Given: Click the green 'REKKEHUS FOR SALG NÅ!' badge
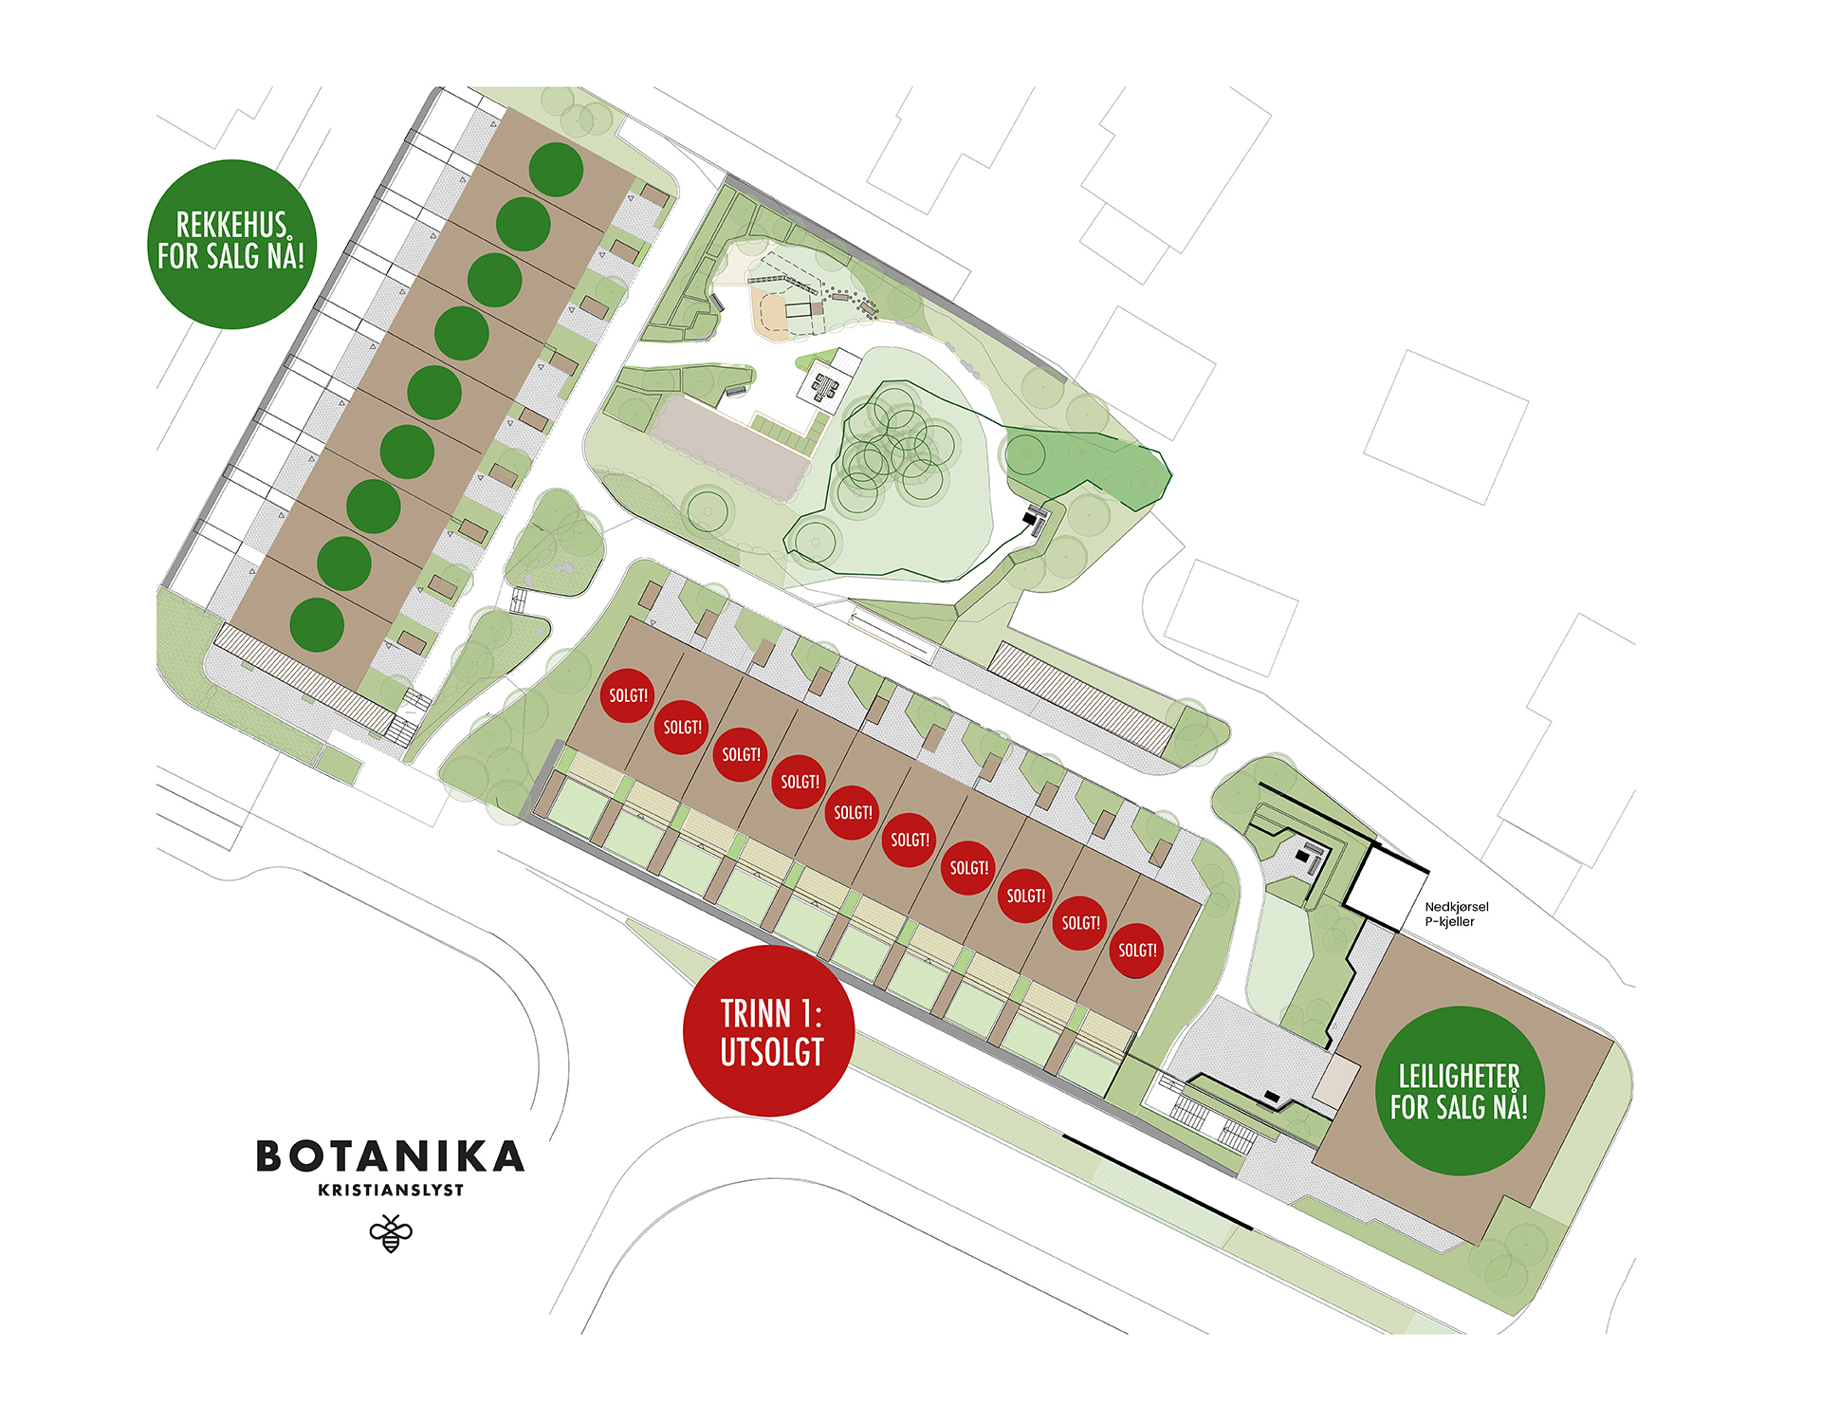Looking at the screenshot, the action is (231, 244).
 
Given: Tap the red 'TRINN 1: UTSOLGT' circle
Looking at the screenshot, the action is (769, 1030).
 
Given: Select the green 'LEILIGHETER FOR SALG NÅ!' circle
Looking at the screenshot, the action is (1460, 1091).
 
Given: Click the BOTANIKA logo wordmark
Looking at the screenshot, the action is (390, 1156).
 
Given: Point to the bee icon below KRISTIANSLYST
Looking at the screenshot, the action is (391, 1233).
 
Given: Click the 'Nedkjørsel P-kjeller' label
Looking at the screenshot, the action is (1456, 914).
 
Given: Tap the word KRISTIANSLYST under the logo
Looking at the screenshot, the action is (391, 1191).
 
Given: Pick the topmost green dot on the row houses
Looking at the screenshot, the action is (556, 170).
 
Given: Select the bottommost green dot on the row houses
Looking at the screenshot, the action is (317, 624).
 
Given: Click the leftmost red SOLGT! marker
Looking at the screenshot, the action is (628, 695).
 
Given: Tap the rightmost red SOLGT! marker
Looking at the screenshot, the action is (1136, 950).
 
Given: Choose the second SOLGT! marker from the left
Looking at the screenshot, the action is (682, 727).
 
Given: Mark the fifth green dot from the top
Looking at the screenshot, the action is (434, 392).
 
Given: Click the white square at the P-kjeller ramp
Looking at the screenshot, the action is (1384, 888).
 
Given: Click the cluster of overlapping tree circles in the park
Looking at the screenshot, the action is (892, 446).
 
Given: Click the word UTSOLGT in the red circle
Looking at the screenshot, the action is (772, 1052).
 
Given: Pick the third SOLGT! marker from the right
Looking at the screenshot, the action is (1025, 896).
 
